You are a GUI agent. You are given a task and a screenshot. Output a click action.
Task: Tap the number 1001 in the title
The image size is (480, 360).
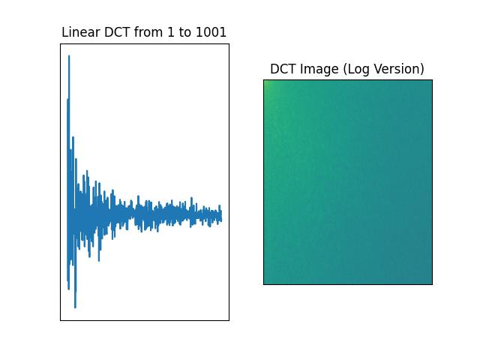[x=211, y=32]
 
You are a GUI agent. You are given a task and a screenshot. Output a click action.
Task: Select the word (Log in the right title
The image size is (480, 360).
[x=357, y=69]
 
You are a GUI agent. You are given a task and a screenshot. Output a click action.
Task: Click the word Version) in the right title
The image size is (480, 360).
[x=399, y=69]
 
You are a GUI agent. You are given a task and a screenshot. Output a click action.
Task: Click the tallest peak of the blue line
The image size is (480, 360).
[x=69, y=56]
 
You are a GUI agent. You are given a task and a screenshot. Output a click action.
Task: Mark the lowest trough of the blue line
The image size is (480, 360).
[x=75, y=307]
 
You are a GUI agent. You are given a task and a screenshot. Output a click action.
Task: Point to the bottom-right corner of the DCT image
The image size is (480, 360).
[x=432, y=284]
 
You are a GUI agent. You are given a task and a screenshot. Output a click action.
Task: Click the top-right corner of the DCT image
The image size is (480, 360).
[x=432, y=80]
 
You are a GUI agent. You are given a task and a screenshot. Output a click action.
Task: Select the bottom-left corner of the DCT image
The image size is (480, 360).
[x=264, y=284]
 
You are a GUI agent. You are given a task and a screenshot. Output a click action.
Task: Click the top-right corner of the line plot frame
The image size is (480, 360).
[x=229, y=44]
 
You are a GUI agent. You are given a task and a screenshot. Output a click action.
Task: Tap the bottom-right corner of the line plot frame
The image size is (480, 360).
[x=229, y=320]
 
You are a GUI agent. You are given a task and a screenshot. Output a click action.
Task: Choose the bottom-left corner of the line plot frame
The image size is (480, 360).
[x=61, y=320]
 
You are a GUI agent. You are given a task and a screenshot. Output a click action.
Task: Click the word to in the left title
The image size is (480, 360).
[x=184, y=32]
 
